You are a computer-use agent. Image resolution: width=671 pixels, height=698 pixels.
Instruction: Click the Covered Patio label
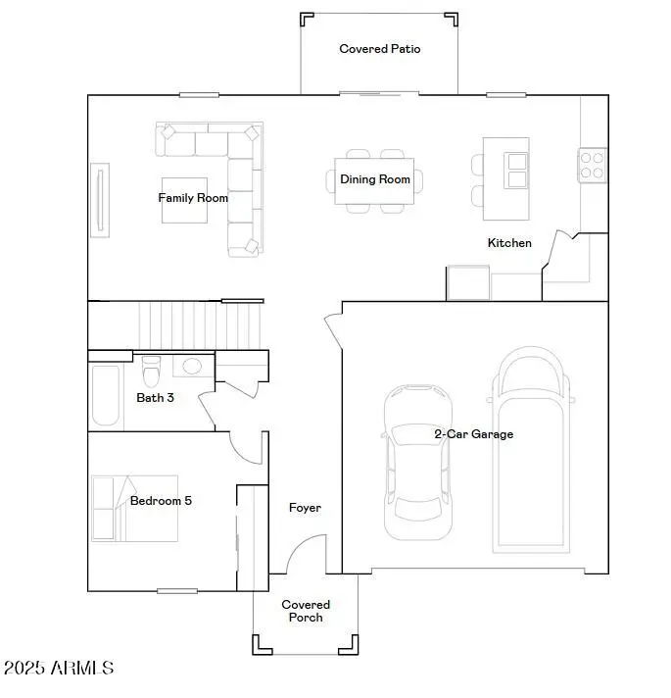pyautogui.click(x=380, y=49)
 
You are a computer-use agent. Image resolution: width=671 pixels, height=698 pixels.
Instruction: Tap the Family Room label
pyautogui.click(x=193, y=198)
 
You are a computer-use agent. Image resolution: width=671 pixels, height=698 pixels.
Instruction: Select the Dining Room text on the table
pyautogui.click(x=374, y=179)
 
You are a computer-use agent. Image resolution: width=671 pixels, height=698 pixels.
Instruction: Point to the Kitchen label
pyautogui.click(x=509, y=243)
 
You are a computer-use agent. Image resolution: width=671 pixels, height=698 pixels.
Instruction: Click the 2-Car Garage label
pyautogui.click(x=473, y=434)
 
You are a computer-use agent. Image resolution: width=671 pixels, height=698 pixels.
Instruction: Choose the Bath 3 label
pyautogui.click(x=156, y=398)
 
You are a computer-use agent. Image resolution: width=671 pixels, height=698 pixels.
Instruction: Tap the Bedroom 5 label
pyautogui.click(x=161, y=501)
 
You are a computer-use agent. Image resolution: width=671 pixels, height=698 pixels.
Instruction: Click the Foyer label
pyautogui.click(x=305, y=508)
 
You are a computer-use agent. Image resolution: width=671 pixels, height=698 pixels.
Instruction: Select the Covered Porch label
pyautogui.click(x=306, y=611)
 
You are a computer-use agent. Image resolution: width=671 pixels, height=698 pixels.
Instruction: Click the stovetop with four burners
pyautogui.click(x=593, y=163)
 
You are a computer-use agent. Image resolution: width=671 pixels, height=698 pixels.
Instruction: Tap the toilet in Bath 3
pyautogui.click(x=151, y=372)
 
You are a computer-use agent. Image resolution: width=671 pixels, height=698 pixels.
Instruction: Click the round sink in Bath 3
pyautogui.click(x=192, y=367)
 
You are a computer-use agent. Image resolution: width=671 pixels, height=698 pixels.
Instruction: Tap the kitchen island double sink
pyautogui.click(x=516, y=171)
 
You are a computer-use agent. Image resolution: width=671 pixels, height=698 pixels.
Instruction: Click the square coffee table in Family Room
pyautogui.click(x=185, y=200)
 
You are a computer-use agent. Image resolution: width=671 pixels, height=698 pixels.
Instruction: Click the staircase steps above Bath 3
pyautogui.click(x=201, y=324)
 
